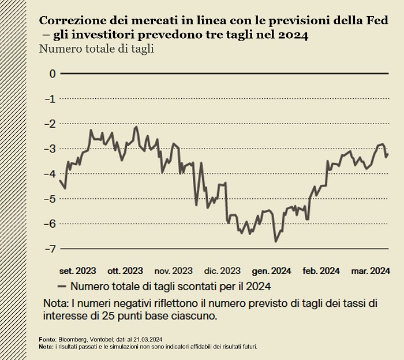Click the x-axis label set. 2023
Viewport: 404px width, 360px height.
pos(78,270)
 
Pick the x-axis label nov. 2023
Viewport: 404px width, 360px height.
pos(174,270)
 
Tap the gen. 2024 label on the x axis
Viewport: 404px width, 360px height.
pos(271,270)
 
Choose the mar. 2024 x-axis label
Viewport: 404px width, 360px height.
pos(371,270)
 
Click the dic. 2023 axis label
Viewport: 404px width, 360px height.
pos(222,270)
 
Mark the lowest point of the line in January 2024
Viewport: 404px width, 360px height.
pos(275,242)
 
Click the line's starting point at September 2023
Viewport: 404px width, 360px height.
pos(60,180)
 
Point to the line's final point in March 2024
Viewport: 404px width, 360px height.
pos(388,154)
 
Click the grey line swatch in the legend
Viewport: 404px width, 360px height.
pos(62,285)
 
